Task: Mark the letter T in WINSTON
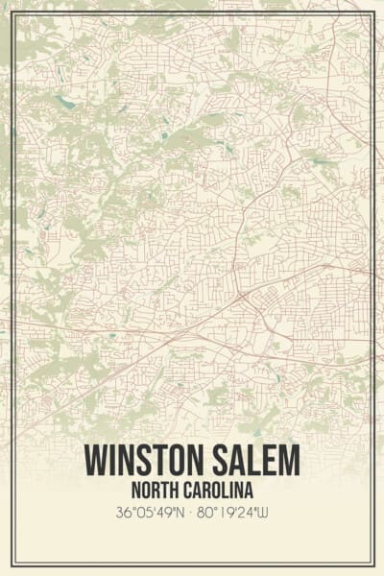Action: coord(158,458)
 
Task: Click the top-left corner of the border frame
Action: coord(12,12)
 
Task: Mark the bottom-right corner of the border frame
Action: coord(373,564)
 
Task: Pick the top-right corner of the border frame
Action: coord(373,12)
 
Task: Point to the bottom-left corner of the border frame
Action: coord(12,564)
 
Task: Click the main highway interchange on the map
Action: coord(236,292)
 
